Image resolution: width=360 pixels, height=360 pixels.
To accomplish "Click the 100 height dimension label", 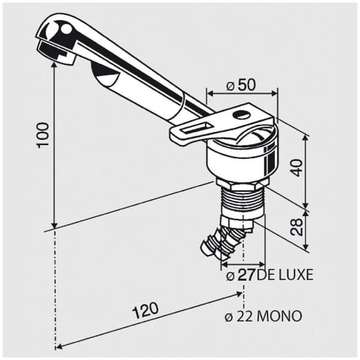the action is (43, 136).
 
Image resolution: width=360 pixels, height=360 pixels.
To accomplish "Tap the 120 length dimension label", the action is (146, 310).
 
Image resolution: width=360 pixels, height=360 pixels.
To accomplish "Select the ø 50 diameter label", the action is (241, 85).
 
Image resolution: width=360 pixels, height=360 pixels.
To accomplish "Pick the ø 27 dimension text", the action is (241, 275).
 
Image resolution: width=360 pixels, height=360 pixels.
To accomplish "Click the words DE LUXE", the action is (284, 275).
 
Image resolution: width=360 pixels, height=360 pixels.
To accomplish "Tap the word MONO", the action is (278, 316).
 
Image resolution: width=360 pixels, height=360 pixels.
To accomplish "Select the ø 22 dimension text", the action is (239, 316).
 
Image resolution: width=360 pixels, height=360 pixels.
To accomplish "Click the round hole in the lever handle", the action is (241, 115).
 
